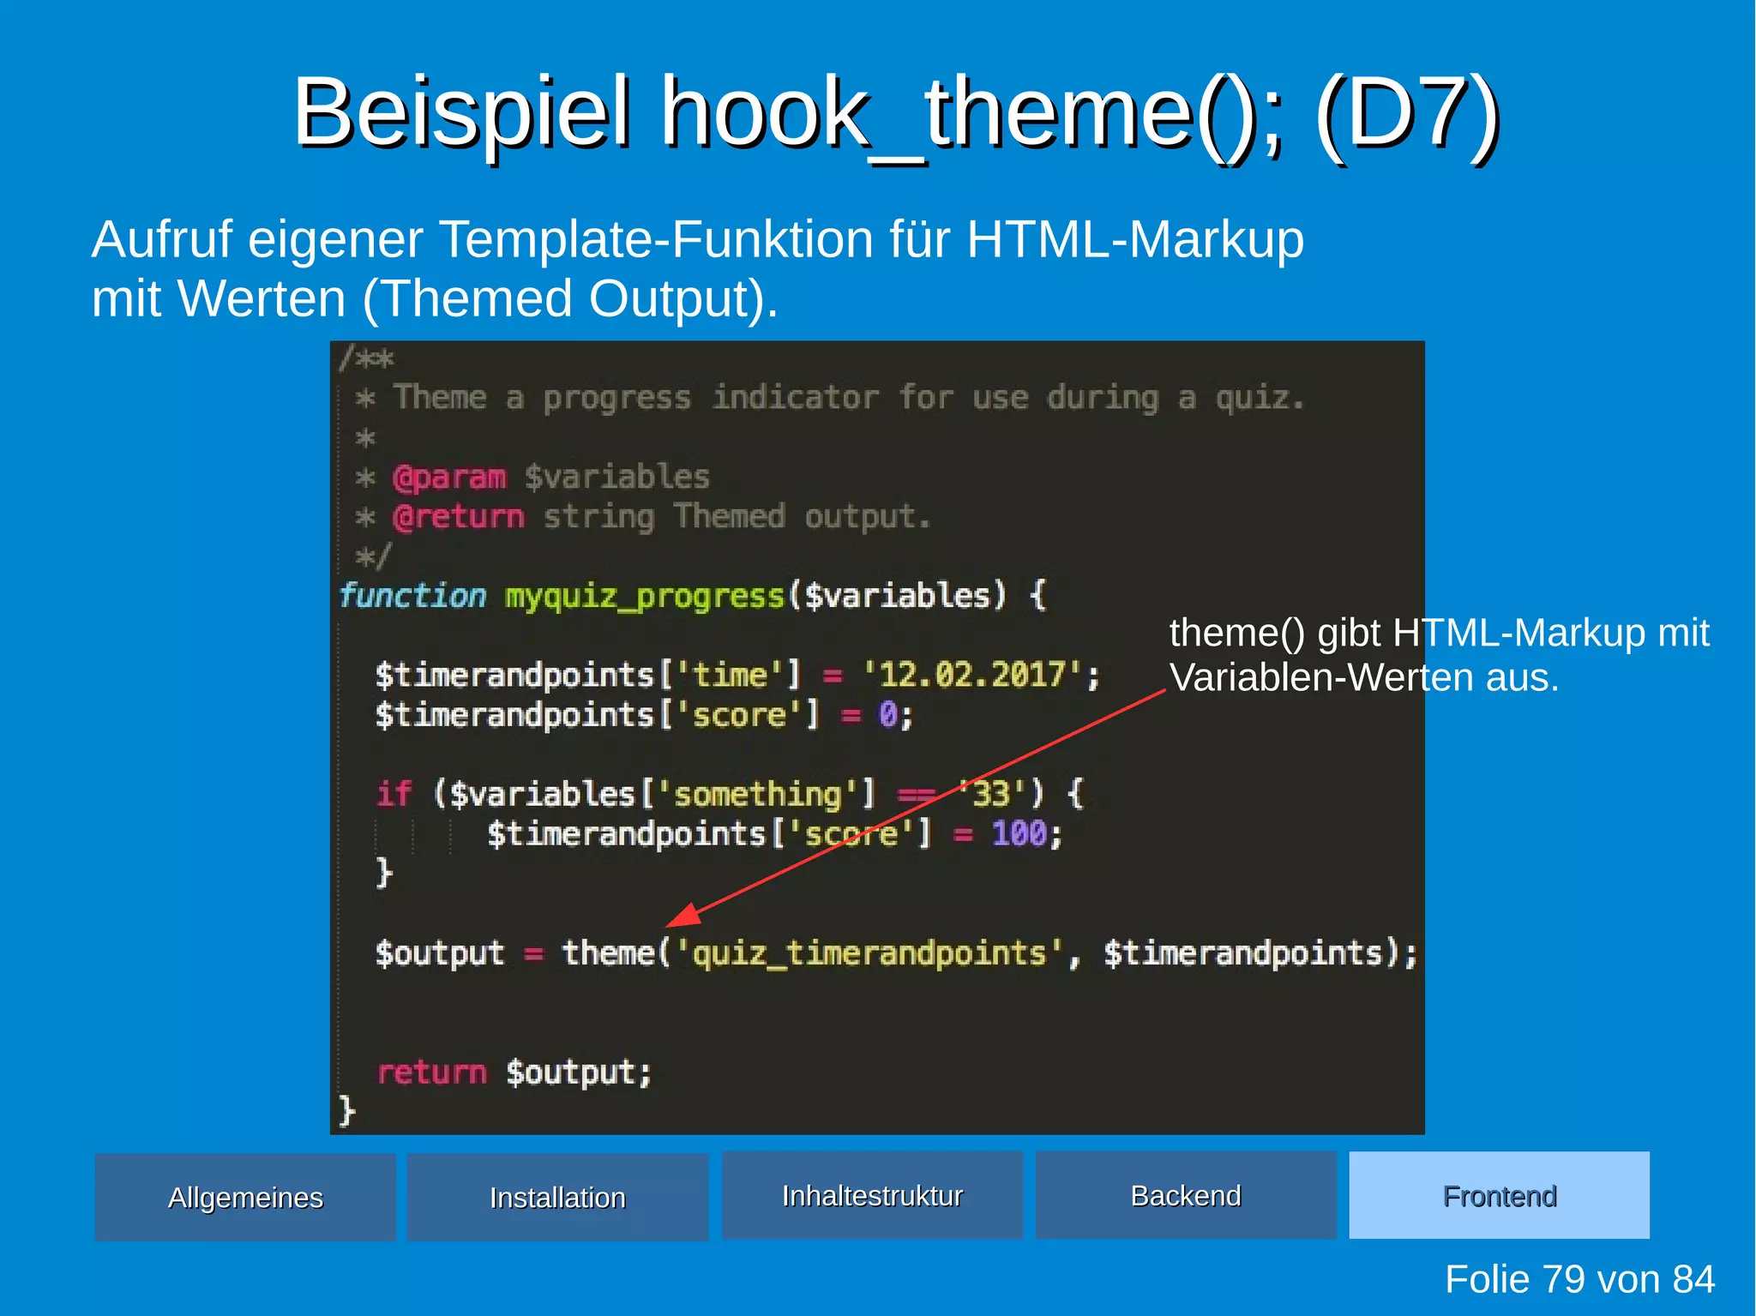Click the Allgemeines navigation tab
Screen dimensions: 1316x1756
point(245,1197)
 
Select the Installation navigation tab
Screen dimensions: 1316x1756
point(557,1197)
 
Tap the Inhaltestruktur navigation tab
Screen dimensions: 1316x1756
point(872,1195)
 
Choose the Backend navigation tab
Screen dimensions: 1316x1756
point(1186,1195)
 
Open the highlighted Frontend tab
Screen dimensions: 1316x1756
point(1499,1195)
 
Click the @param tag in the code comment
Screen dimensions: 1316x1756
point(449,477)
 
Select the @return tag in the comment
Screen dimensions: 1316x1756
point(458,516)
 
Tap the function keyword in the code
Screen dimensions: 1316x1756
point(412,595)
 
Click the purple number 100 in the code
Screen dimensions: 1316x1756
point(1018,833)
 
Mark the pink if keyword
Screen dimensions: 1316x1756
point(394,794)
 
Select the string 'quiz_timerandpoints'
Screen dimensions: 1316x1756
point(869,952)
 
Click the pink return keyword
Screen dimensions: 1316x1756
point(431,1072)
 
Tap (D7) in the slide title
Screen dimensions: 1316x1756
point(1406,113)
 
